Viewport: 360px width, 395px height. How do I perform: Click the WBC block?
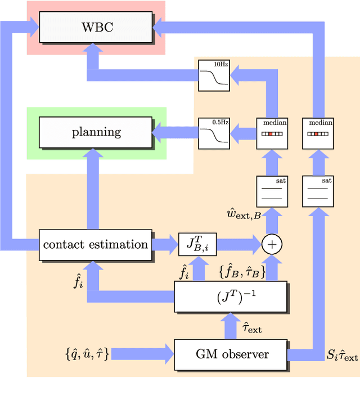[96, 27]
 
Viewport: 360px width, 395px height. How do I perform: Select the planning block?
[96, 132]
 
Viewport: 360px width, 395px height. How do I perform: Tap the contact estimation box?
[96, 244]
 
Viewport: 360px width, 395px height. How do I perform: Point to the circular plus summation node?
[272, 244]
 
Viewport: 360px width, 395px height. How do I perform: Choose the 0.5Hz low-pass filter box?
[214, 133]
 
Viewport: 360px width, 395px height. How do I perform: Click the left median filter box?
[272, 133]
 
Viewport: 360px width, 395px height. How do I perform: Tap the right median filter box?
[318, 133]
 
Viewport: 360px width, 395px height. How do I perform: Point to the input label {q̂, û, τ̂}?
[87, 354]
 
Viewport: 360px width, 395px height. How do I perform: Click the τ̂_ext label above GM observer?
[251, 327]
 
